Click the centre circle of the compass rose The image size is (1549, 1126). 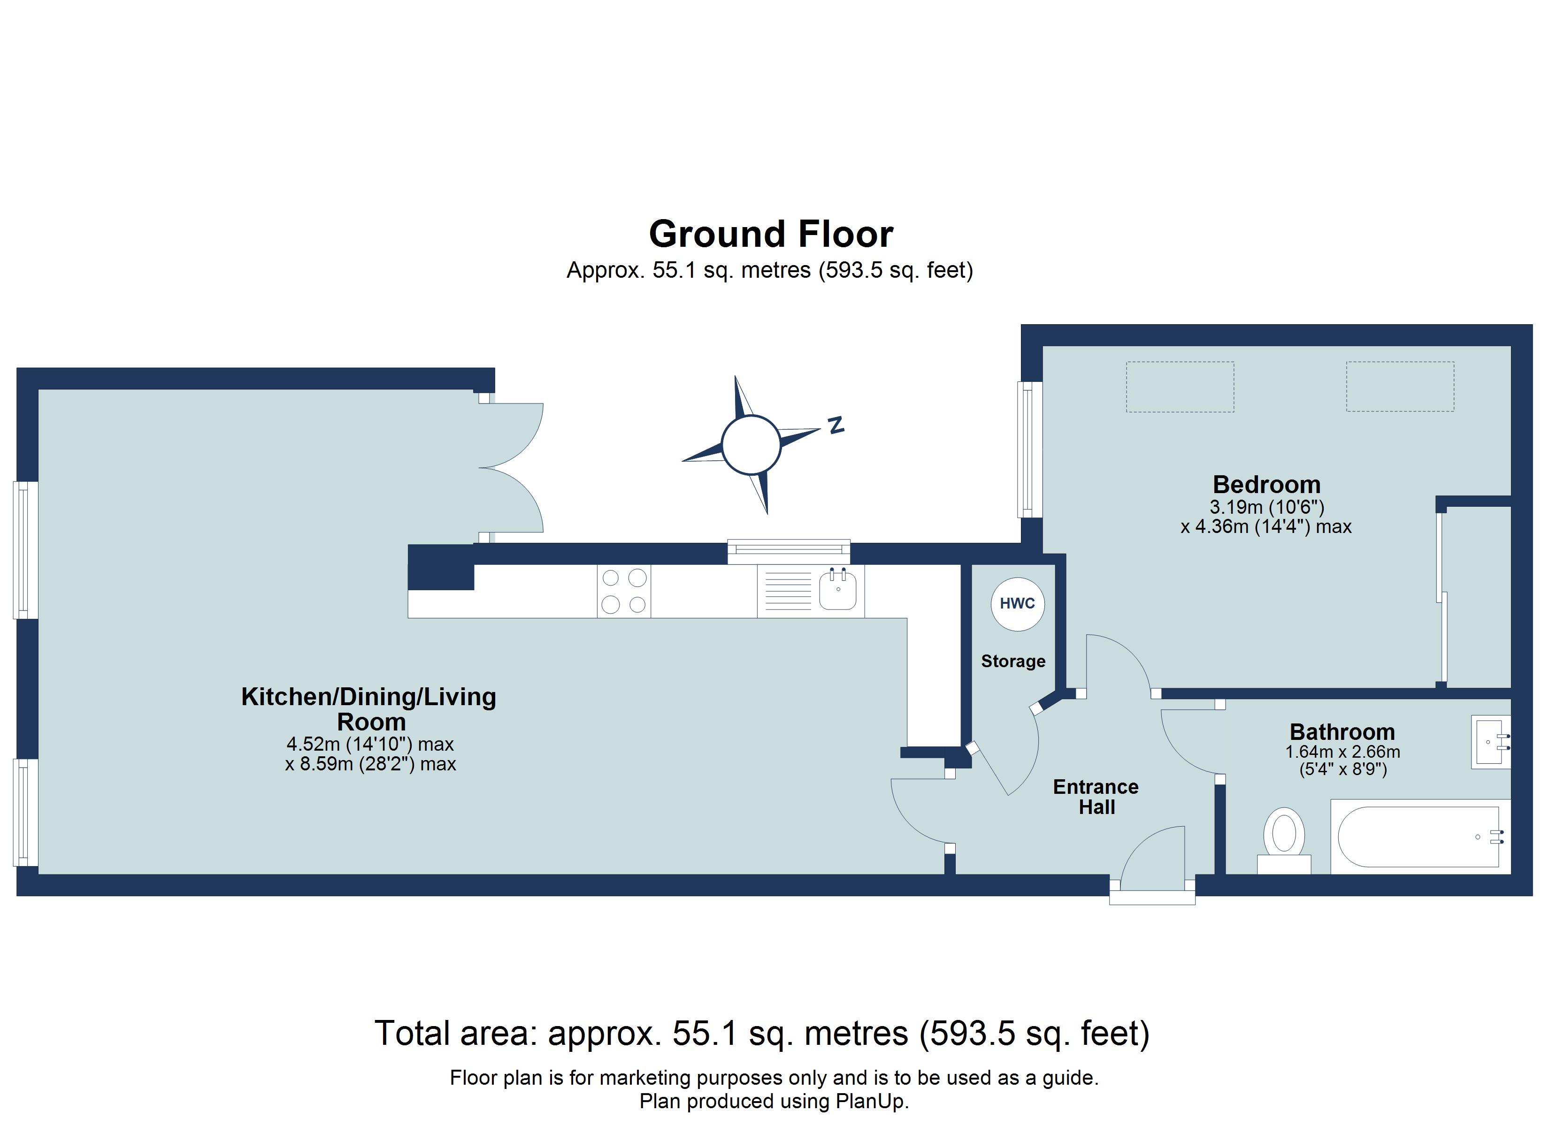point(751,444)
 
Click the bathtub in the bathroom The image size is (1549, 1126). point(1420,837)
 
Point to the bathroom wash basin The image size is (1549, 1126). point(1490,742)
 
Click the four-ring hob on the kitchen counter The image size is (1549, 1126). point(623,591)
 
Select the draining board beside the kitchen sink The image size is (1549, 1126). point(788,591)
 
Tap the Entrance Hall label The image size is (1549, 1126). point(1096,796)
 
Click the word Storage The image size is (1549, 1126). point(1013,661)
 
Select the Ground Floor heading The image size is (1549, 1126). point(770,234)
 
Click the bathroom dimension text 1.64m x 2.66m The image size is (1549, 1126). point(1342,752)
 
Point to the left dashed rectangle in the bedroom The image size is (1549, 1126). point(1180,387)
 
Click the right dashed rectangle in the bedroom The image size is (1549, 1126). point(1399,387)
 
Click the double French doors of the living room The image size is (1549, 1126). point(511,468)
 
